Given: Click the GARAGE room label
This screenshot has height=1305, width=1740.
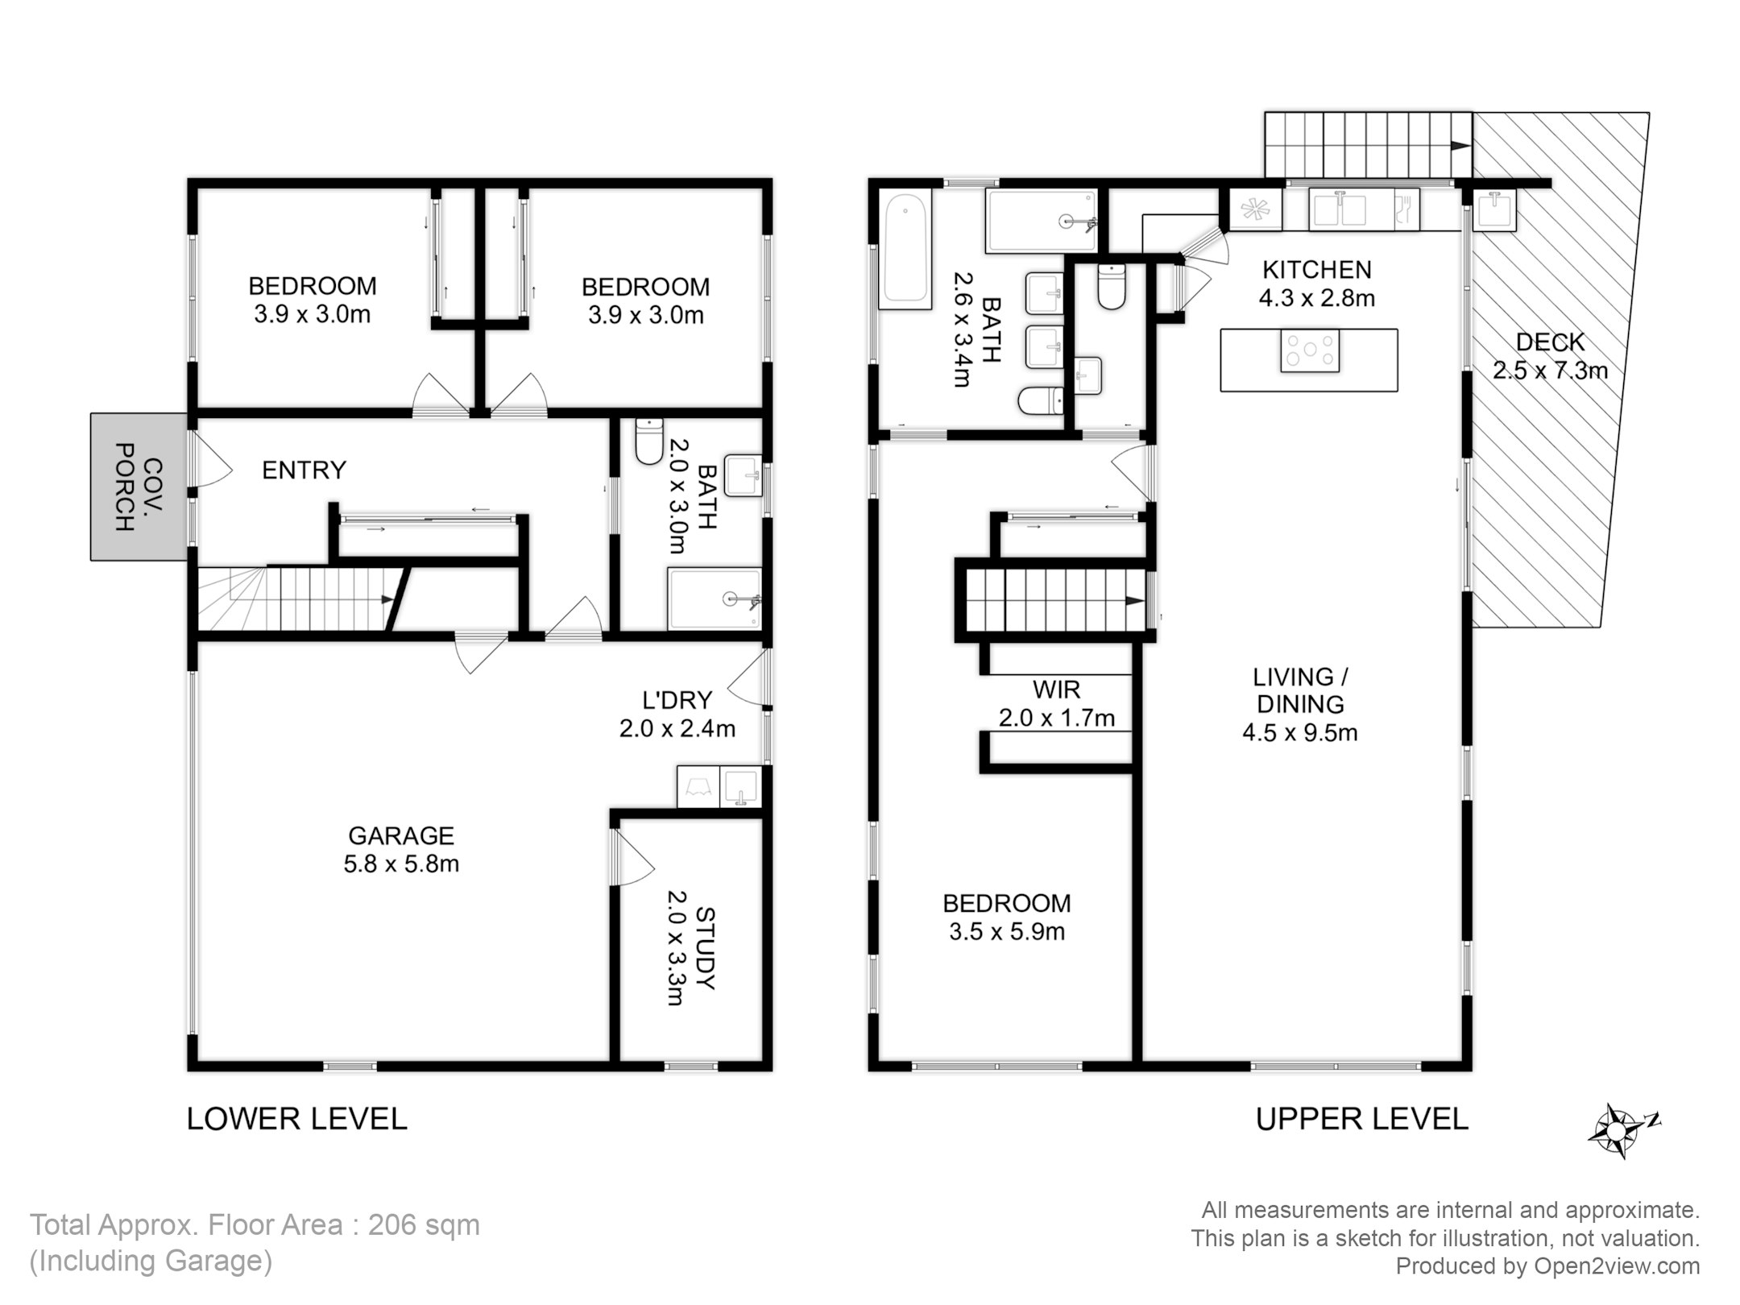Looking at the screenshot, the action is pos(401,835).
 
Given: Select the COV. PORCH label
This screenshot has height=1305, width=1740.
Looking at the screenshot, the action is pos(138,487).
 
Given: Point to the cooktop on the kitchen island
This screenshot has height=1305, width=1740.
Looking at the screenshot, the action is pos(1310,350).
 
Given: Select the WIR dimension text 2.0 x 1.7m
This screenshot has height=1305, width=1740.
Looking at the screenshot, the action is pos(1057,718).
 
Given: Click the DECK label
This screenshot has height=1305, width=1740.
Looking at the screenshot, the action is pos(1550,342).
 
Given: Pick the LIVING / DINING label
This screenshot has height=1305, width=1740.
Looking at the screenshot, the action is pos(1300,690).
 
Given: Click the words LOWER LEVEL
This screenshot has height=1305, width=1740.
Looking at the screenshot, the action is pos(297,1119).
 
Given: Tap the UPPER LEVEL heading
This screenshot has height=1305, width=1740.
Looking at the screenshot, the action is pos(1362,1119).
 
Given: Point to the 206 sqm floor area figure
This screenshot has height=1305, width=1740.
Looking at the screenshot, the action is pos(424,1225).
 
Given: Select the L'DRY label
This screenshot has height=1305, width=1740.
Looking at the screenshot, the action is pos(677,700).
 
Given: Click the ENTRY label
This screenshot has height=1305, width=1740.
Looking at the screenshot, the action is pos(304,470).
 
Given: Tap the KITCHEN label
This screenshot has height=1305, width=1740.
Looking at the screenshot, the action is pos(1316,269).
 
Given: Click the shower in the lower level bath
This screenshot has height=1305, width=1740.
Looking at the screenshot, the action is pos(715,599).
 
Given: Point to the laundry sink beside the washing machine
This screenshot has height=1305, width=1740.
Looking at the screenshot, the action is pos(740,787).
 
